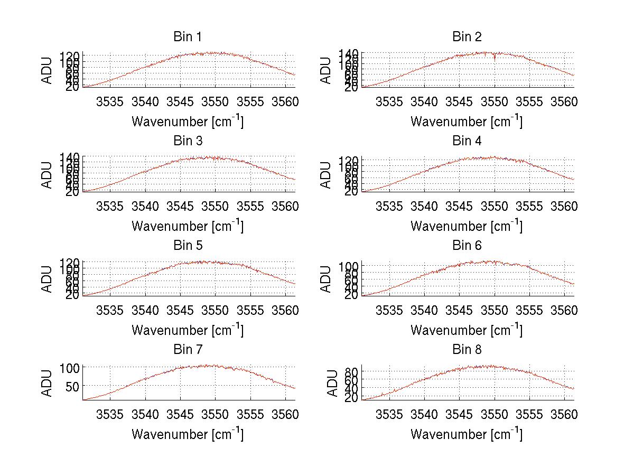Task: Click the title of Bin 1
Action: click(188, 37)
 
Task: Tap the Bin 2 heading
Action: click(467, 37)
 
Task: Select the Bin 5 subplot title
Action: click(188, 246)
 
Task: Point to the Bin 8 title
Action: click(467, 350)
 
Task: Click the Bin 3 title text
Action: click(188, 141)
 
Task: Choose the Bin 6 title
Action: click(467, 246)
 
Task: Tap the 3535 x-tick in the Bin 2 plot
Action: click(389, 101)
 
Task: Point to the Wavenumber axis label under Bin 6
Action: click(467, 331)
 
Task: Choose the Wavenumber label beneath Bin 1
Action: click(188, 122)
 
